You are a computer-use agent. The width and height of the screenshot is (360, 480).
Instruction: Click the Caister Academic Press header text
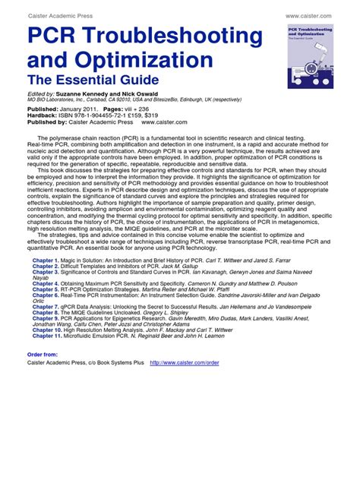(60, 14)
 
